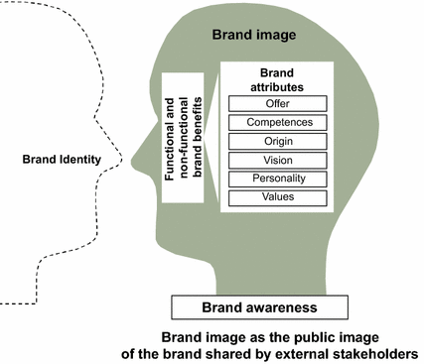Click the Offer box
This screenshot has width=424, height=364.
click(x=272, y=104)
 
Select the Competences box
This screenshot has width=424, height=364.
click(x=272, y=123)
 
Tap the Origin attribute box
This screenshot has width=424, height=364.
click(x=272, y=141)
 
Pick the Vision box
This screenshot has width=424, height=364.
click(x=272, y=160)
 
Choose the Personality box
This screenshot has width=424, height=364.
click(x=272, y=179)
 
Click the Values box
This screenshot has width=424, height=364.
click(x=272, y=197)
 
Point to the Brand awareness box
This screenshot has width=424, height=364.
click(x=260, y=307)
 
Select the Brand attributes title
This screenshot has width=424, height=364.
click(x=272, y=79)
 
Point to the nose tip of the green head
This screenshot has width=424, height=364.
click(x=134, y=157)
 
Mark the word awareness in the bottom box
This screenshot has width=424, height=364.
click(x=285, y=307)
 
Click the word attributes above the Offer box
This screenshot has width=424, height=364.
click(x=272, y=86)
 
